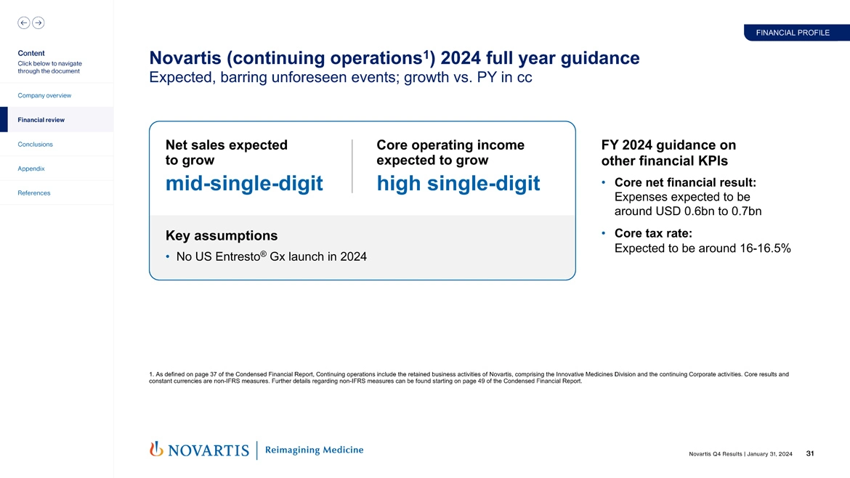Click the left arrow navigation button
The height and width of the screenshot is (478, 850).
pos(23,23)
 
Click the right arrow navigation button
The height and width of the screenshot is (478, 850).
pos(39,23)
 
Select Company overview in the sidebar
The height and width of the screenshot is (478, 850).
pos(45,96)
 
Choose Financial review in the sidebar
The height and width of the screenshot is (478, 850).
pos(41,120)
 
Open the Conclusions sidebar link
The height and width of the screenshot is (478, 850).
pos(35,145)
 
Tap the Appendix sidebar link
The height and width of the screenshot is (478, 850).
pos(31,169)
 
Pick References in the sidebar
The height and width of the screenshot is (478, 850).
pos(34,193)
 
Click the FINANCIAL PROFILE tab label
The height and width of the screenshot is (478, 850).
pos(793,33)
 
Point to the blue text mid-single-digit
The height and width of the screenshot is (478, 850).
pos(244,184)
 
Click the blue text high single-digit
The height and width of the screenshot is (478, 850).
pos(458,184)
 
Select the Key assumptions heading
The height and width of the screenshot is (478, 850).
pos(222,235)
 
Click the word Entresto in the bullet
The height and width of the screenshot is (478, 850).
pos(237,257)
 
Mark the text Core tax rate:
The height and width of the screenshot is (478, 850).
pos(652,233)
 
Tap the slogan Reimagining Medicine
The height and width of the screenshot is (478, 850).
pos(314,450)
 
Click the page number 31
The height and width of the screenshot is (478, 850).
pos(810,454)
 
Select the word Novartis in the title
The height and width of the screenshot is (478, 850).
pos(191,58)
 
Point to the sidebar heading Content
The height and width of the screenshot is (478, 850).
pos(31,53)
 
